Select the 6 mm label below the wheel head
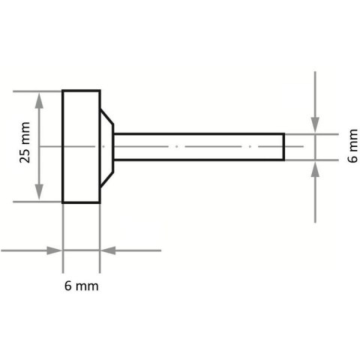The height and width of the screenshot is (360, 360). click(x=81, y=286)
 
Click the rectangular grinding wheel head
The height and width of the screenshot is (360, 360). click(x=81, y=146)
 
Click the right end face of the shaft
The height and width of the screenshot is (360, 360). click(x=283, y=146)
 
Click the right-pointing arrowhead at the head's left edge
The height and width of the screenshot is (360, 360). click(x=55, y=250)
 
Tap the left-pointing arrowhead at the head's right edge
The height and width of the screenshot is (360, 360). click(x=106, y=250)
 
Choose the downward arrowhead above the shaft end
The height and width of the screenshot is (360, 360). click(x=315, y=127)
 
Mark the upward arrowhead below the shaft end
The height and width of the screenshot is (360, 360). click(x=315, y=166)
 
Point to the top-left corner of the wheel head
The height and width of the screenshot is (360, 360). click(x=63, y=91)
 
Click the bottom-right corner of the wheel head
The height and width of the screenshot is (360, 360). click(x=100, y=202)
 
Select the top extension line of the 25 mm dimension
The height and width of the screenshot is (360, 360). click(x=37, y=91)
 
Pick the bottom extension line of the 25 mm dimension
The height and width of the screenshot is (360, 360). click(x=37, y=202)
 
